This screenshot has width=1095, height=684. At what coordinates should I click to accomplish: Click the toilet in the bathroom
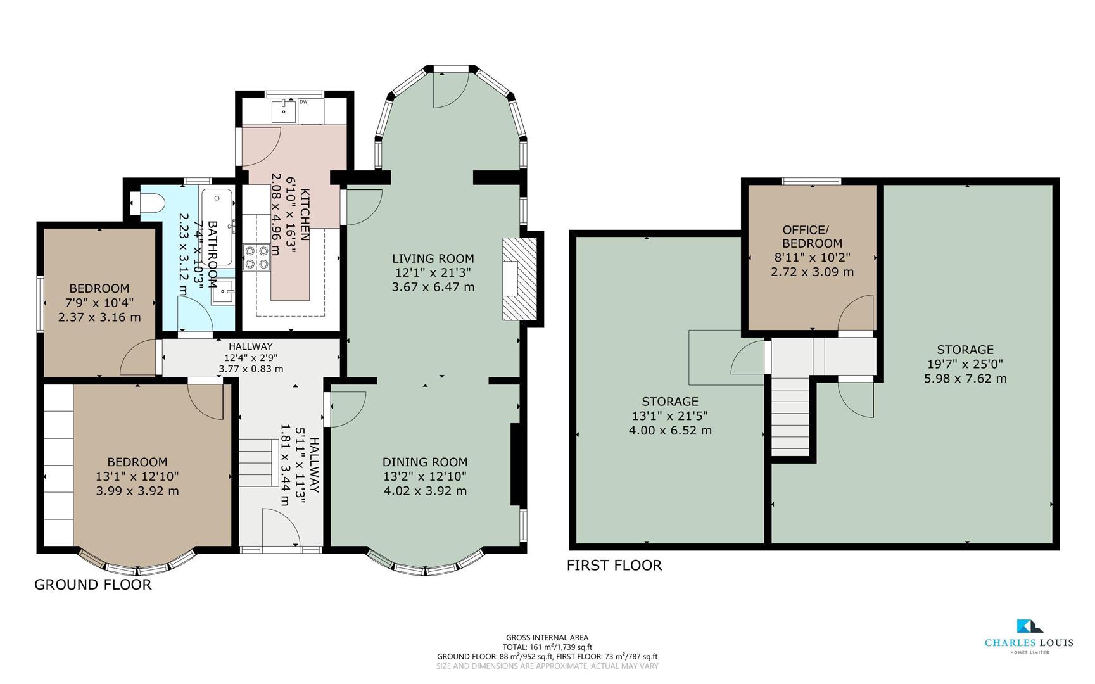(x=151, y=203)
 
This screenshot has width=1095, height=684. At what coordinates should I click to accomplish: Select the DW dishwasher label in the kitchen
(x=303, y=101)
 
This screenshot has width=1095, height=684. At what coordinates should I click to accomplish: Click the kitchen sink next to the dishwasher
(x=284, y=111)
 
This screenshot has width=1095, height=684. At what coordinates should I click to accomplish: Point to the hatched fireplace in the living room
(x=518, y=279)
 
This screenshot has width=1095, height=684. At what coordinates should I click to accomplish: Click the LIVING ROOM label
(x=433, y=258)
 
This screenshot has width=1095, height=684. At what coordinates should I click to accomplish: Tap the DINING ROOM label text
(x=425, y=462)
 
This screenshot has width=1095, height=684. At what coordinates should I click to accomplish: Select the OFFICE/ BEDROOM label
(x=812, y=237)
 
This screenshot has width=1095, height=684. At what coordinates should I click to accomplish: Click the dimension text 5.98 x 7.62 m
(x=965, y=379)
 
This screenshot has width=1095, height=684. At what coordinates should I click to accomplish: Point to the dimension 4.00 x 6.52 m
(x=670, y=431)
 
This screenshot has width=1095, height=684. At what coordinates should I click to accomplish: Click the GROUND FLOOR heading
(x=93, y=585)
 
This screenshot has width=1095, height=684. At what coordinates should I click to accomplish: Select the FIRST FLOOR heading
(x=614, y=565)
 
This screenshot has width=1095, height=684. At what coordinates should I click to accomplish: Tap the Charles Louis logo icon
(x=1029, y=626)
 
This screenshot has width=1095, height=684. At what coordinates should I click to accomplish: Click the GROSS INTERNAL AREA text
(x=547, y=638)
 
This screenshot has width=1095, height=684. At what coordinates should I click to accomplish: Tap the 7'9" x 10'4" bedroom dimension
(x=99, y=303)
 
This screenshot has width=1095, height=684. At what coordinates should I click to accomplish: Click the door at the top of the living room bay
(x=450, y=89)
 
